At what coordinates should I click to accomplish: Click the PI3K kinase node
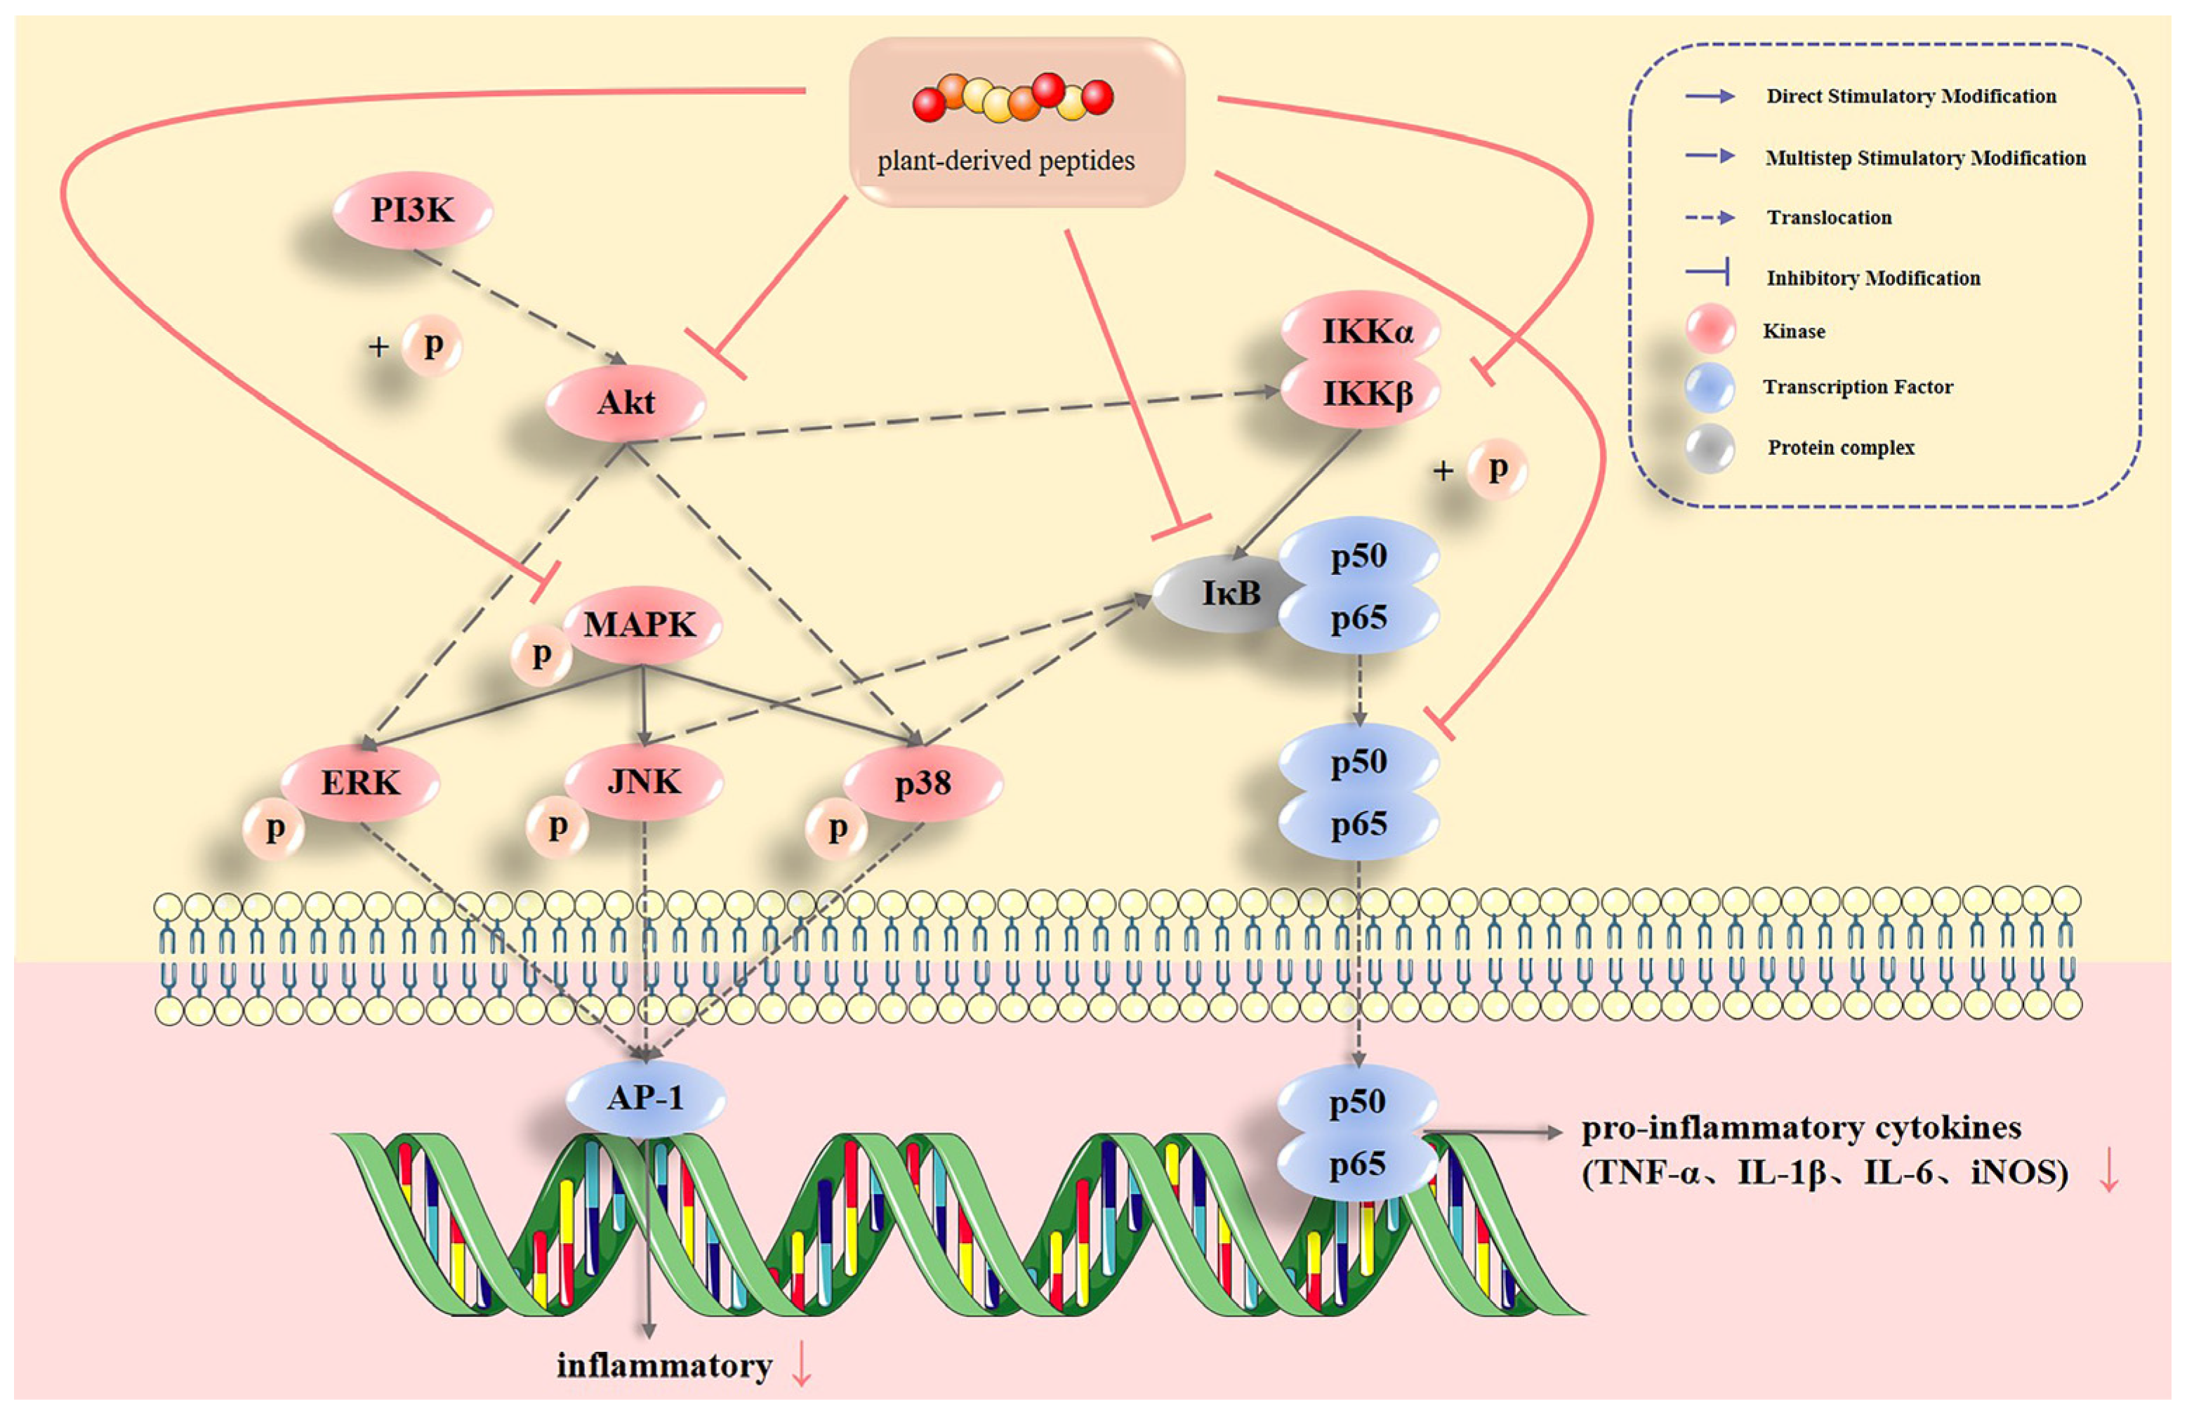point(412,211)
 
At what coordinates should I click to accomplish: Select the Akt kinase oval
point(626,403)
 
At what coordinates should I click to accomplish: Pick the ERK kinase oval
point(359,783)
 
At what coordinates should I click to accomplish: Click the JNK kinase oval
point(643,781)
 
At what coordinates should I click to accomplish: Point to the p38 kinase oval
point(923,783)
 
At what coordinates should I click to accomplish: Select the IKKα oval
point(1361,330)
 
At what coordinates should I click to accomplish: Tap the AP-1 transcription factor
point(645,1099)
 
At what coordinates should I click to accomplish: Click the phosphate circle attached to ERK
point(274,828)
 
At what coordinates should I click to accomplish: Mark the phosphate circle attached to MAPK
point(541,655)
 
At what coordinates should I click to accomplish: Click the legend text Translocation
point(1829,218)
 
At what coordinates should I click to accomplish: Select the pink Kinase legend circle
point(1711,329)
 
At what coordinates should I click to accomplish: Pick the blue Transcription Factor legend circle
point(1711,387)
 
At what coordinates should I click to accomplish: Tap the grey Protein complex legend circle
point(1711,449)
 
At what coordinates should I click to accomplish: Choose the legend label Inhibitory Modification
point(1873,278)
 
